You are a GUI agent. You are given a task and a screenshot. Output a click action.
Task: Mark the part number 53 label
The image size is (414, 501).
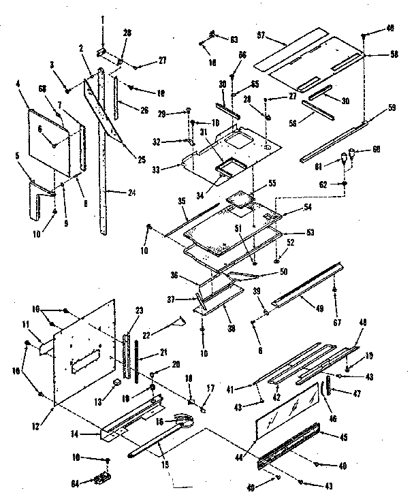pos(310,233)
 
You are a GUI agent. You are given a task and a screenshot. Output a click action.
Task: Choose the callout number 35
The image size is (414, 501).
pos(163,201)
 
